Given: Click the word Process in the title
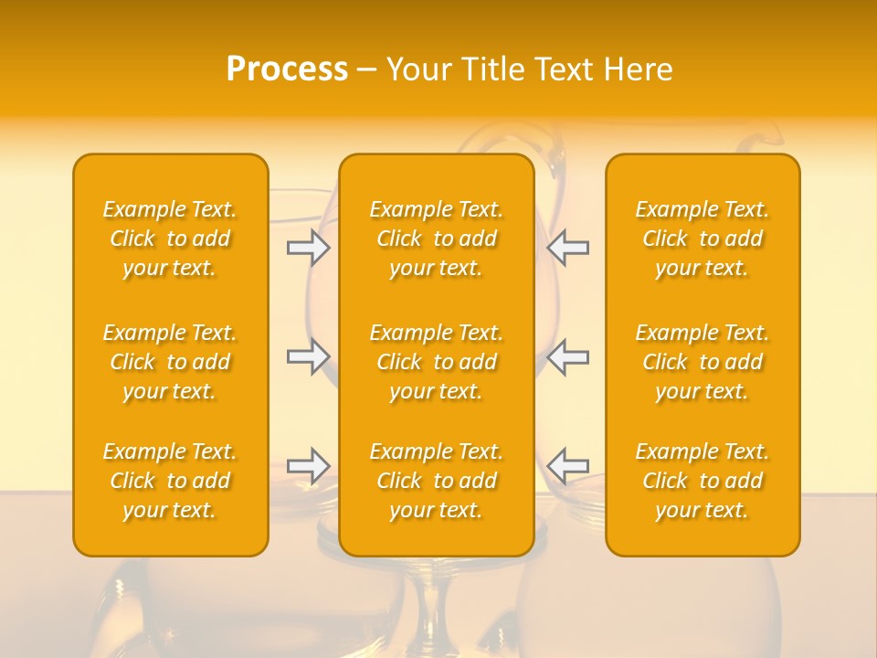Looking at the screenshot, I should pos(287,69).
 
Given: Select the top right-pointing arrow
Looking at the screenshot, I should pos(309,248).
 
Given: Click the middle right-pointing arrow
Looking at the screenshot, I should pos(309,356).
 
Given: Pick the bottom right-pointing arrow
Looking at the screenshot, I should pos(309,466).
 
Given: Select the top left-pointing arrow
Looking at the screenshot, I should pos(567,248).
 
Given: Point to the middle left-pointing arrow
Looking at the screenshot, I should pos(567,356).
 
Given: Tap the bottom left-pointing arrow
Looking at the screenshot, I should pos(567,466).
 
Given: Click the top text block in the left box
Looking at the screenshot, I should pos(170,239).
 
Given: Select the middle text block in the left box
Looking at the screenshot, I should pos(170,362).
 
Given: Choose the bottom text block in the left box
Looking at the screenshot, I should pos(170,481).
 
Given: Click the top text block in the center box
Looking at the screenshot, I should pos(437,239).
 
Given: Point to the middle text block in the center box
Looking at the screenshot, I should pos(437,362).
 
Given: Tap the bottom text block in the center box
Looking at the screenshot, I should pos(437,481).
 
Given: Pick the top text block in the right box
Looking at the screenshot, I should pos(703,239).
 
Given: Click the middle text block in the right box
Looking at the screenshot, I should pos(703,362).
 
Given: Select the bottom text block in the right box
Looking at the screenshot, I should pos(703,481).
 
